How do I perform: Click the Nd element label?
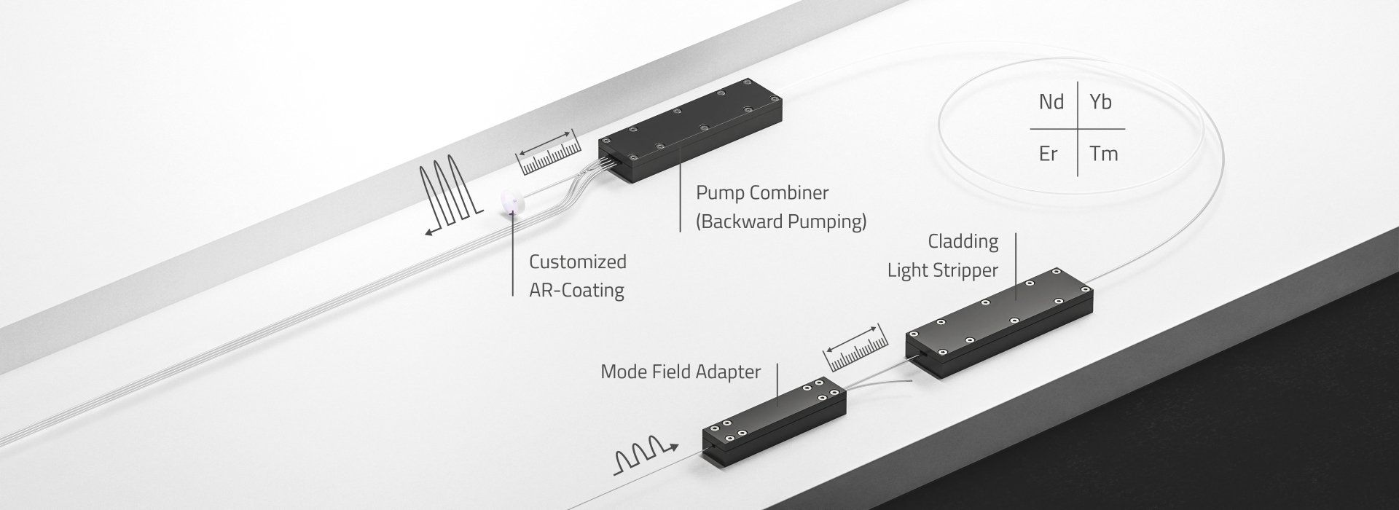[x=1051, y=102]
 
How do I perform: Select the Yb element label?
[x=1100, y=102]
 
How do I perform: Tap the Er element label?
[x=1048, y=154]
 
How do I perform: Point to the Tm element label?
[x=1103, y=154]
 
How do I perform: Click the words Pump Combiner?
[x=762, y=193]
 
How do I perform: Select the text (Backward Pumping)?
[x=781, y=221]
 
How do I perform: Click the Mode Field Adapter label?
[x=680, y=372]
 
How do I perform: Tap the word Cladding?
[x=963, y=241]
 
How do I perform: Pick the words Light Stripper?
[x=942, y=270]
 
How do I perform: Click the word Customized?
[x=577, y=262]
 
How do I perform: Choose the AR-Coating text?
[x=576, y=290]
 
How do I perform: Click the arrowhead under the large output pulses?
[x=431, y=232]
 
